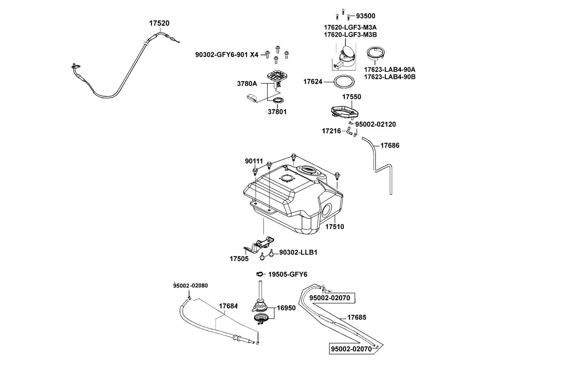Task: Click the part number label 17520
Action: pyautogui.click(x=159, y=23)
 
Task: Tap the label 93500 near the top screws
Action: pyautogui.click(x=366, y=16)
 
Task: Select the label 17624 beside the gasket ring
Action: pyautogui.click(x=313, y=82)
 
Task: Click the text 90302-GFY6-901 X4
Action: pyautogui.click(x=227, y=55)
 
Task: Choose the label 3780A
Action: pyautogui.click(x=247, y=84)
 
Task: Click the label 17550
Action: pyautogui.click(x=352, y=97)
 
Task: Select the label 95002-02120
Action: pyautogui.click(x=376, y=124)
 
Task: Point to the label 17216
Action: pyautogui.click(x=331, y=131)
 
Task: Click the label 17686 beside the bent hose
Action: pyautogui.click(x=390, y=145)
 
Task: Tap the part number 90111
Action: pyautogui.click(x=254, y=161)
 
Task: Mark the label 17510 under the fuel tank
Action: pyautogui.click(x=335, y=227)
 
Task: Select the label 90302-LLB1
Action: pyautogui.click(x=298, y=252)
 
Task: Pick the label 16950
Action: pyautogui.click(x=286, y=308)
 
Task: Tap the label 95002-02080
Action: pyautogui.click(x=190, y=286)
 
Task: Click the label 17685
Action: pyautogui.click(x=357, y=317)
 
